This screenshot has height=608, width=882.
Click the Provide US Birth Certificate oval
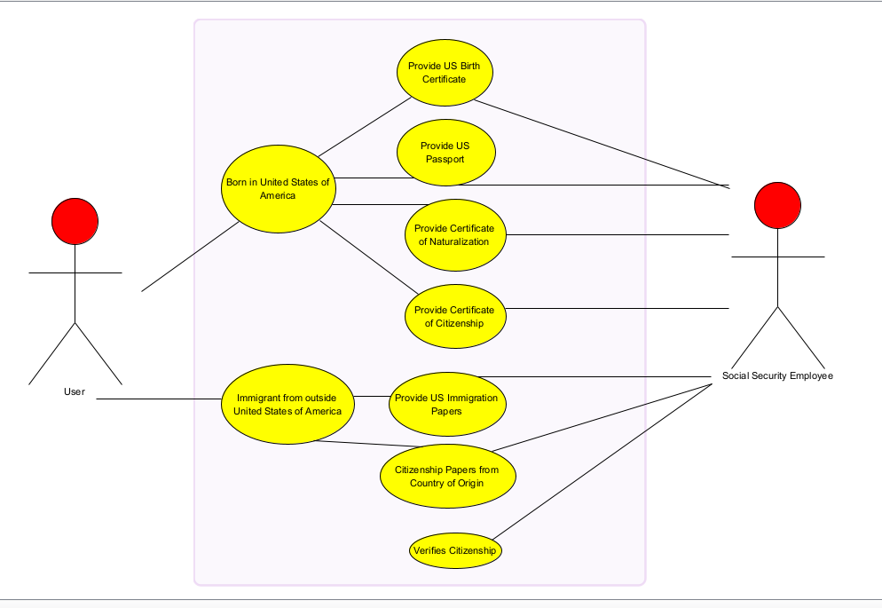coord(444,72)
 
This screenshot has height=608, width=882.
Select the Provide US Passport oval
coord(445,153)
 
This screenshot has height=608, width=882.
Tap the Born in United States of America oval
coord(277,189)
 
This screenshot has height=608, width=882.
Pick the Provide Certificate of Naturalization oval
coord(455,234)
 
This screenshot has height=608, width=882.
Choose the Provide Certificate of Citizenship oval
coord(455,316)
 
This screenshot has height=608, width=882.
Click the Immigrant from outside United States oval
coord(287,405)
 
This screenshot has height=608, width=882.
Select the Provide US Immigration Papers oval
coord(447,404)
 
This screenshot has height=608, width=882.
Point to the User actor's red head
coord(75,221)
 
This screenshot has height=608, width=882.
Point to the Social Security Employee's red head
coord(777,205)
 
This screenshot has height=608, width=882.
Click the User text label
coord(75,391)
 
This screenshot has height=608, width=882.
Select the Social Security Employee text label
coord(777,375)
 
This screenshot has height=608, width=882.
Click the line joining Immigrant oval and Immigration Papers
coord(371,396)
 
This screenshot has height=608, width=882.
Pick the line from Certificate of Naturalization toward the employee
coord(621,235)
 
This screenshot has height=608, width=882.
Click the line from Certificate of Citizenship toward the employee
coord(621,308)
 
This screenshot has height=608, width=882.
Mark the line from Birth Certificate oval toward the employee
coord(603,143)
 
